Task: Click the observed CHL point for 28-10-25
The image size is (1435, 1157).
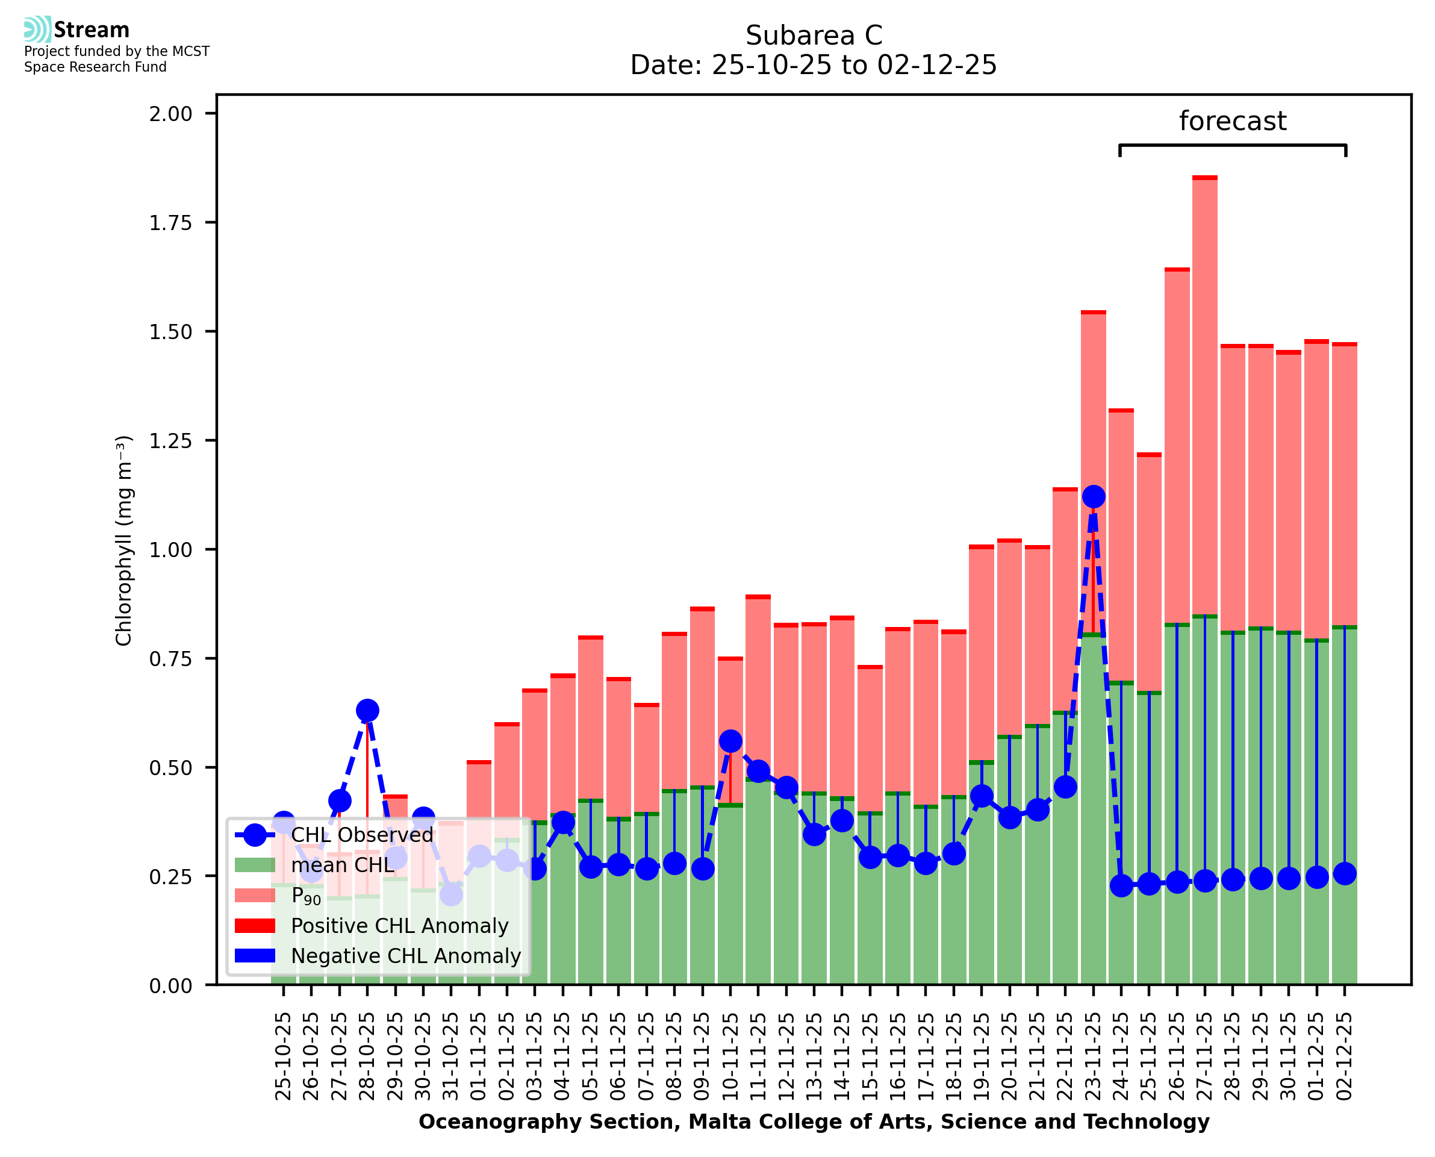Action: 367,711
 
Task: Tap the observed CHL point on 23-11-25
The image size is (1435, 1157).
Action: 1093,496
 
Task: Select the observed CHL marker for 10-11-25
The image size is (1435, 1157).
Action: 730,741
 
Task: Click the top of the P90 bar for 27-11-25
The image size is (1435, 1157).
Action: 1204,178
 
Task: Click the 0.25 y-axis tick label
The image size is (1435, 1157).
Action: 170,877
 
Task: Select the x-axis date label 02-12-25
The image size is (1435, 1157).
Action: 1345,1056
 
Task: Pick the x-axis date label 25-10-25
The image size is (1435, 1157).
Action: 283,1056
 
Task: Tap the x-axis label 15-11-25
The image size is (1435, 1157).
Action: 870,1056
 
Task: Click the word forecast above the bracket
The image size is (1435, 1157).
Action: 1233,121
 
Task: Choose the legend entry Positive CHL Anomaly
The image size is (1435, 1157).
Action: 399,926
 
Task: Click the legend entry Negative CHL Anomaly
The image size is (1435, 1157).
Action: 405,956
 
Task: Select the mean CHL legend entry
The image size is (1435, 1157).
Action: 343,865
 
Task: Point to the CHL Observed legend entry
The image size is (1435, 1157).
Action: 362,834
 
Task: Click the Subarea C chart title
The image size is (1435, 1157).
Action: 814,36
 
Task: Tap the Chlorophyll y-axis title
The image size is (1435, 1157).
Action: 124,540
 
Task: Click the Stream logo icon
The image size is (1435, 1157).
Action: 37,30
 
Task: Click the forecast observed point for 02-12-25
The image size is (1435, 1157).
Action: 1345,874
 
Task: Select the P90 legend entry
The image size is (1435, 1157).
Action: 306,896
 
